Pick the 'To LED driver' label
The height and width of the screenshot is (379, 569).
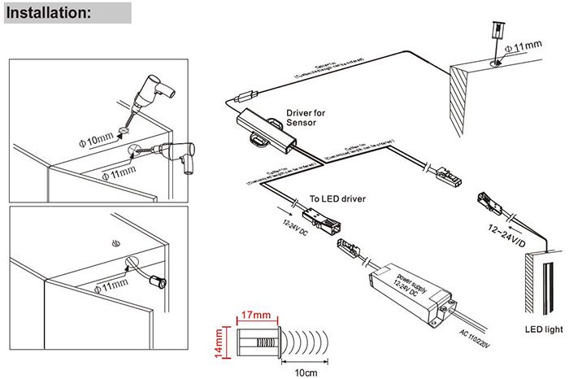tap(337, 198)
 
